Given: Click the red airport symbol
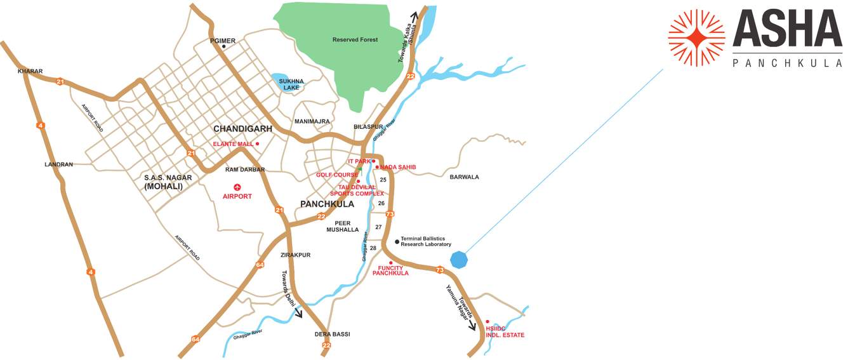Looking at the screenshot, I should (237, 187).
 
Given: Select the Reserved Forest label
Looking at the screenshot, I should (355, 40).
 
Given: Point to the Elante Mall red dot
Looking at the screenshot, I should (258, 144).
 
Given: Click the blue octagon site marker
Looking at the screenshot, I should (459, 259).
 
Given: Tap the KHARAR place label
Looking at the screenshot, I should (30, 72).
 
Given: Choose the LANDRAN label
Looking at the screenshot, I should (58, 164).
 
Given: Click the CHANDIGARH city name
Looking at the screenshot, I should (242, 129).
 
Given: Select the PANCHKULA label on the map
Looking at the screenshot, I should (327, 204).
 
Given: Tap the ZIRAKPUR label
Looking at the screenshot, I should (296, 255).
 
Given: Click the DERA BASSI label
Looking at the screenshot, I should (332, 334).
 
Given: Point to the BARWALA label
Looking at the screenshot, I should (464, 177).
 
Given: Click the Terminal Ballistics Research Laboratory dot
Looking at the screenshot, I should (397, 241).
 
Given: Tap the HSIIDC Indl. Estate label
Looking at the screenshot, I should (505, 331).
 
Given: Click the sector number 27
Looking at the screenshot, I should (379, 227).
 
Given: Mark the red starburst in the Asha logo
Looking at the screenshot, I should (696, 37).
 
